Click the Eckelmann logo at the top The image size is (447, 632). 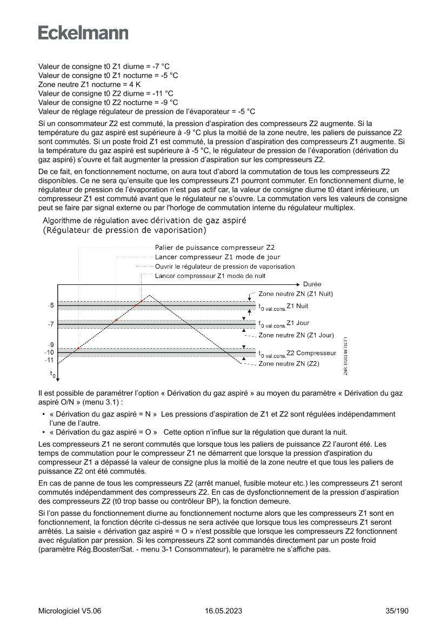point(83,33)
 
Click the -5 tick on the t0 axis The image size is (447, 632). point(50,305)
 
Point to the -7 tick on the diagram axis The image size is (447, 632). point(50,324)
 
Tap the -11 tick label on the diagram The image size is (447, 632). point(49,360)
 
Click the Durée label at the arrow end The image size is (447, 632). point(312,284)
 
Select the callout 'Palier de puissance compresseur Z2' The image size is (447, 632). point(215,248)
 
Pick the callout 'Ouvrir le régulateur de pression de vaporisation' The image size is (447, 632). point(225,267)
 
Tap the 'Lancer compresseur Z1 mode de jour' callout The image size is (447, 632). point(217,257)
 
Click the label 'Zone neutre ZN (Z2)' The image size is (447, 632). point(289,364)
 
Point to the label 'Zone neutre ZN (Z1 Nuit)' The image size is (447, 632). point(296,294)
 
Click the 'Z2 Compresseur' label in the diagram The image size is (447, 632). point(311,353)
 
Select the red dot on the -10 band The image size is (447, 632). point(78,348)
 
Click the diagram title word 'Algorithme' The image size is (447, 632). point(63,220)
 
